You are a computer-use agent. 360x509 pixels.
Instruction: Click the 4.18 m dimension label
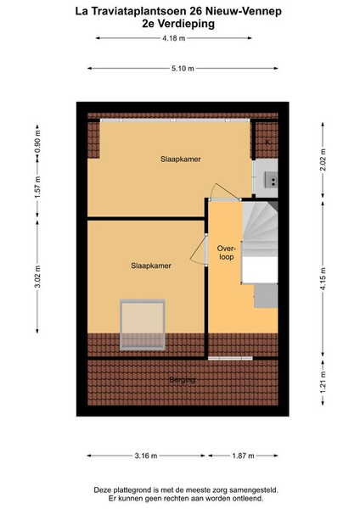pos(174,38)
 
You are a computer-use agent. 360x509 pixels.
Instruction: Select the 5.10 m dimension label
pos(183,68)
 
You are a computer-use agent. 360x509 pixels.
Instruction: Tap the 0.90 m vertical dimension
pos(37,142)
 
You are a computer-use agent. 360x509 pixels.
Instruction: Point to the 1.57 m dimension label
pos(37,187)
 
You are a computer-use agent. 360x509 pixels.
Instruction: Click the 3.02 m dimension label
pos(37,277)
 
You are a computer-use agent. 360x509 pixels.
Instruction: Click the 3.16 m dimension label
pos(146,456)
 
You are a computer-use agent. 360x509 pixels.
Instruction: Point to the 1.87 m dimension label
pos(243,456)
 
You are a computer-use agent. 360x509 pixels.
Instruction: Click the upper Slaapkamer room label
pos(181,159)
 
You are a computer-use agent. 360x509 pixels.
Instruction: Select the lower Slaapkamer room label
pos(151,266)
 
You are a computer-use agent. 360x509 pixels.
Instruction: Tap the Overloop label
pos(226,253)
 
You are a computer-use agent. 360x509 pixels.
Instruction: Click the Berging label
pos(183,379)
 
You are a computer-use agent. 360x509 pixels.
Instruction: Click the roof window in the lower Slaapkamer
pos(143,325)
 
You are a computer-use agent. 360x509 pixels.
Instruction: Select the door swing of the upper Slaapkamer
pos(225,192)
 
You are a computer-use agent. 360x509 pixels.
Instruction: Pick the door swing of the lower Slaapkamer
pos(198,250)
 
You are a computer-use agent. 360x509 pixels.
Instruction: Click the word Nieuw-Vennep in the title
pos(244,11)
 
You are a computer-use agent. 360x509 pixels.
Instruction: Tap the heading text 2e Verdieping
pos(178,24)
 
